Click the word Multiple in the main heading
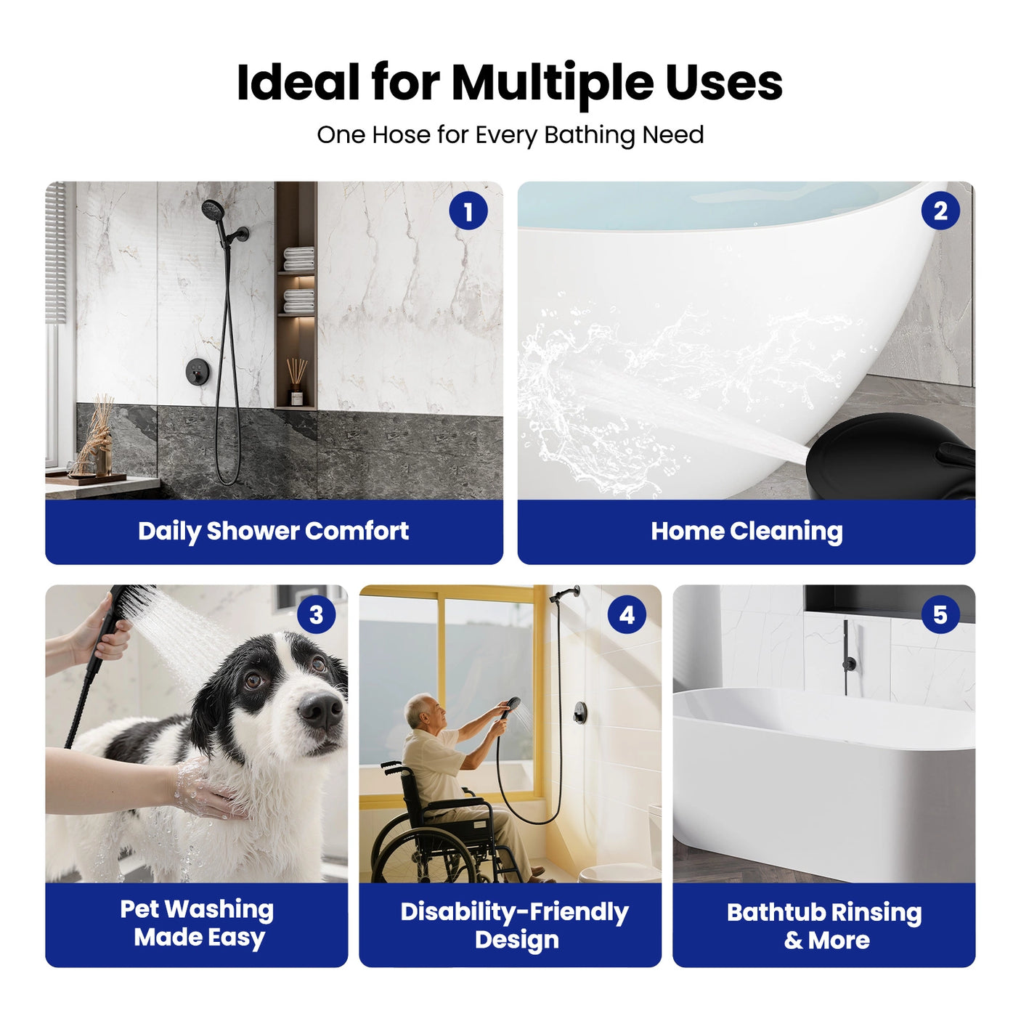(x=552, y=83)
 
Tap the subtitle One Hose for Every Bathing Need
(x=510, y=135)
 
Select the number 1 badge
(x=468, y=211)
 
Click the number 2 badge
(x=940, y=211)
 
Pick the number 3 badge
(x=316, y=615)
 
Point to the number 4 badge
(x=627, y=615)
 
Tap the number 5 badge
(x=940, y=615)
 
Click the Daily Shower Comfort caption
(x=274, y=531)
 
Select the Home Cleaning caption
(x=747, y=531)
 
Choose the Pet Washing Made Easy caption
(x=197, y=923)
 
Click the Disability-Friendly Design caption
(x=514, y=925)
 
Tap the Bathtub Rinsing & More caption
(x=824, y=925)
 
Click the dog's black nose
(x=321, y=709)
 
